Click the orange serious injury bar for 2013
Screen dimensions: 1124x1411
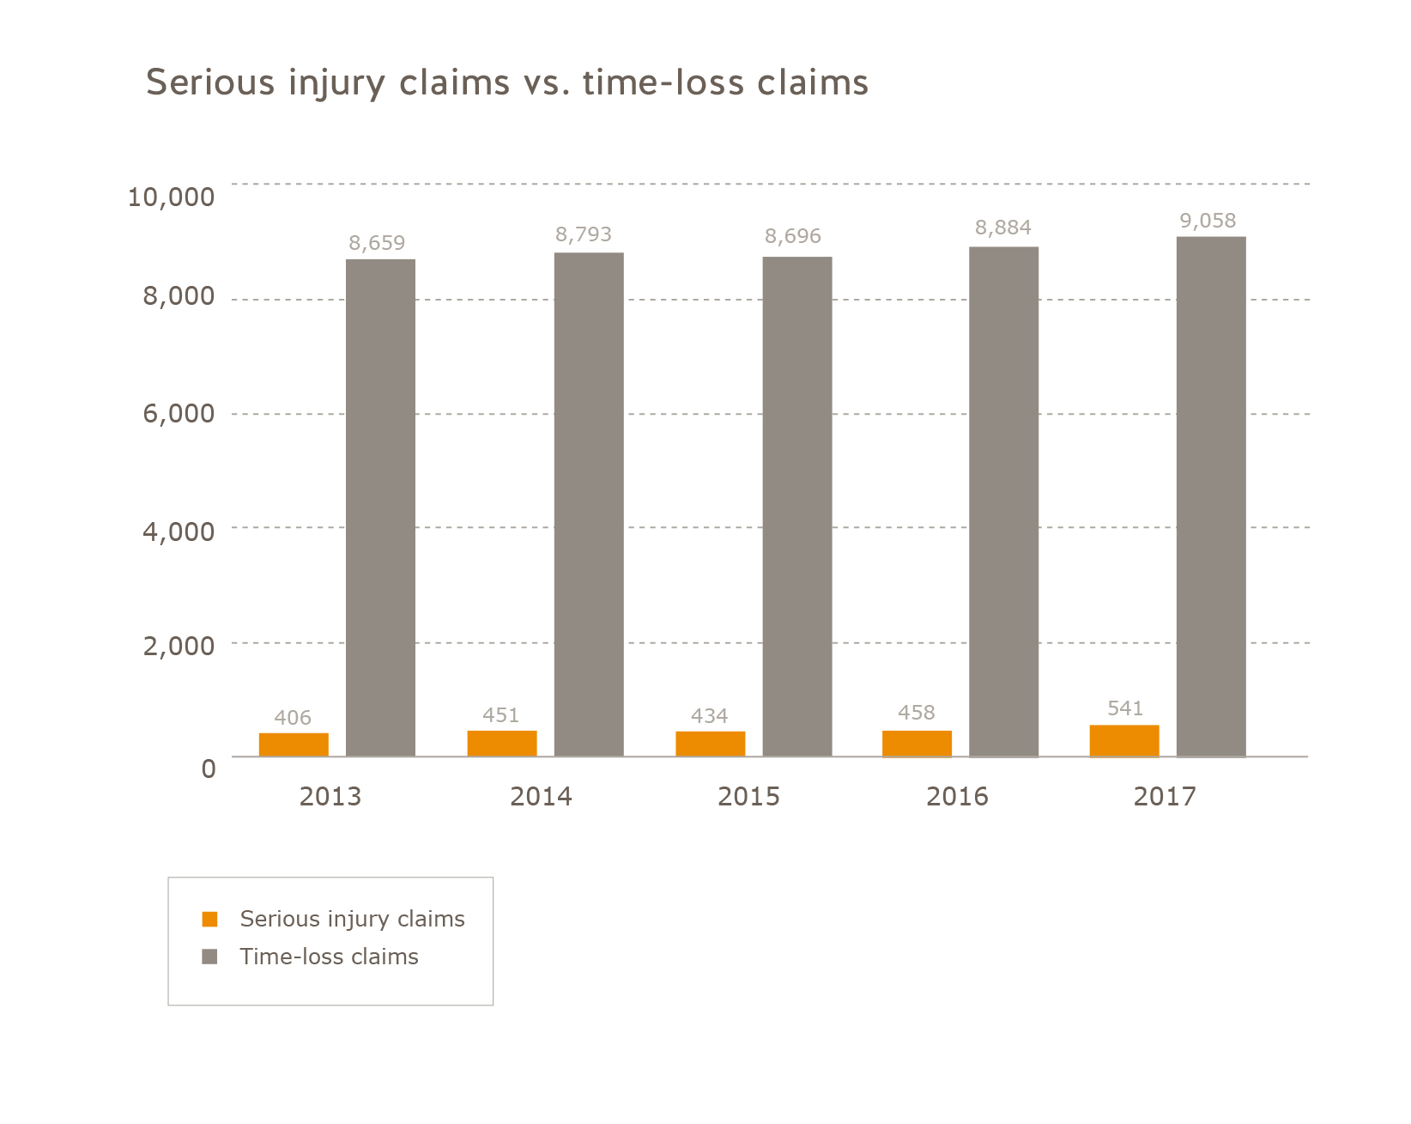(294, 744)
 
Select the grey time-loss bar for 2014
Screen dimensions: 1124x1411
(589, 504)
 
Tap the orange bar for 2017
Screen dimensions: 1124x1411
(1124, 741)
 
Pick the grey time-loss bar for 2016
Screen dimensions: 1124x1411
(1003, 501)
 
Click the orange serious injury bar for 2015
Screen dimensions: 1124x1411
(711, 744)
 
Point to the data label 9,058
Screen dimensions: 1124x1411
(1208, 221)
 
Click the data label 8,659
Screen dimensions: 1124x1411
(377, 243)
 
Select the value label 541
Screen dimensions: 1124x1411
(1125, 708)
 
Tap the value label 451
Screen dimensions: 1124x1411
(501, 715)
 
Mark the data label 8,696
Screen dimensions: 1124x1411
(793, 236)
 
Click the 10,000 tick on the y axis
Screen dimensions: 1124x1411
(171, 197)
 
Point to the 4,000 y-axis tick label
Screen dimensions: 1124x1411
(179, 532)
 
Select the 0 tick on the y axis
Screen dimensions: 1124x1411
(209, 769)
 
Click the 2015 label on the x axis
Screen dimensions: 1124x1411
(748, 797)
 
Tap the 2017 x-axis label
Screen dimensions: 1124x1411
(1164, 797)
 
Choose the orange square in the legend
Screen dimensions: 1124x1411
(210, 919)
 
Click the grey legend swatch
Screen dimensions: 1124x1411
(210, 957)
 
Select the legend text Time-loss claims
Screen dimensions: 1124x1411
(329, 957)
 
